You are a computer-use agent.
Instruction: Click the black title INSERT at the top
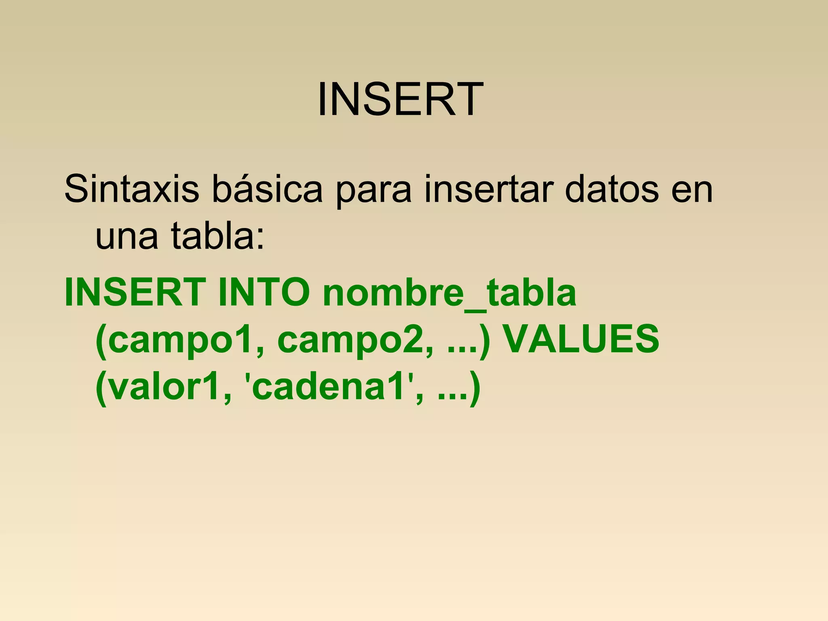tap(400, 99)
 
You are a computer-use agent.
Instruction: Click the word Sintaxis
tap(132, 189)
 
